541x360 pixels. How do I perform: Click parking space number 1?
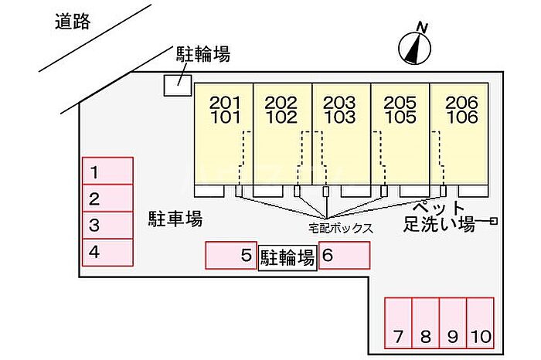(107, 171)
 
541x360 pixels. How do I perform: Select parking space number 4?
(107, 251)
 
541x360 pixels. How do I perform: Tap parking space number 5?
(230, 256)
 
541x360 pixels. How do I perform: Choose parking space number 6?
(344, 256)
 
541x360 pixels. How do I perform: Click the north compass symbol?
(414, 46)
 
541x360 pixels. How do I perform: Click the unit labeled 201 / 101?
(225, 110)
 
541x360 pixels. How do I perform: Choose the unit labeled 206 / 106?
(461, 110)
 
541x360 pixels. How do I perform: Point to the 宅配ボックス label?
(341, 229)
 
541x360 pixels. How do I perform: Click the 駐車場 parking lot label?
(175, 219)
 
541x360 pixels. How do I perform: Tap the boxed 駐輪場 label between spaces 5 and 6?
(287, 257)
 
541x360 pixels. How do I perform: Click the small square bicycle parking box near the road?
(178, 83)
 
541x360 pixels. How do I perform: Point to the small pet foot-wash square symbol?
(493, 222)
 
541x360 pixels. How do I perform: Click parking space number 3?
(107, 225)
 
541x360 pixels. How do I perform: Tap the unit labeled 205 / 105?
(400, 110)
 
